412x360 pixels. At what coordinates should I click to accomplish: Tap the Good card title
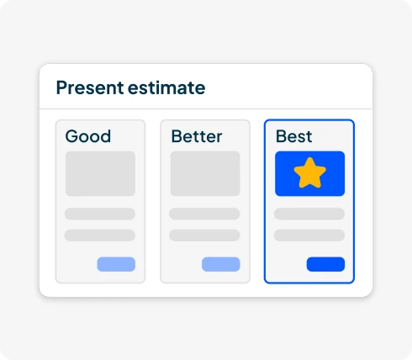87,136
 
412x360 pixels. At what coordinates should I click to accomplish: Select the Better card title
196,136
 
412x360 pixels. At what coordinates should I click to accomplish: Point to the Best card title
293,136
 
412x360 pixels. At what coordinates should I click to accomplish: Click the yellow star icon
309,173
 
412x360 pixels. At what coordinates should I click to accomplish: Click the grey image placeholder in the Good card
100,173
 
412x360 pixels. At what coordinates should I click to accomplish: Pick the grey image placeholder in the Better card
205,173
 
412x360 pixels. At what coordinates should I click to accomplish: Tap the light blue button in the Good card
116,264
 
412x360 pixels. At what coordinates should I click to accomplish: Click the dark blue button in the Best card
325,264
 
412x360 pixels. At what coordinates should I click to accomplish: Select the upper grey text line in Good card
100,214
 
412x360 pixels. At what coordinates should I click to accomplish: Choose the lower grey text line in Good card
100,235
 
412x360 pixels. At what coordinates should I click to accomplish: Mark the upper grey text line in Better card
205,214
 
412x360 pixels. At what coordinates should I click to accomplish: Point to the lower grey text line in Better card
205,235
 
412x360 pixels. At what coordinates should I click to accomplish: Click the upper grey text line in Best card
309,214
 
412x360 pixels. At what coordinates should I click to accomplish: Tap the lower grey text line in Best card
309,235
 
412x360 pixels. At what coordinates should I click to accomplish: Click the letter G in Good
71,136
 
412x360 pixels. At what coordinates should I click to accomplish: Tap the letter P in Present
61,87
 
